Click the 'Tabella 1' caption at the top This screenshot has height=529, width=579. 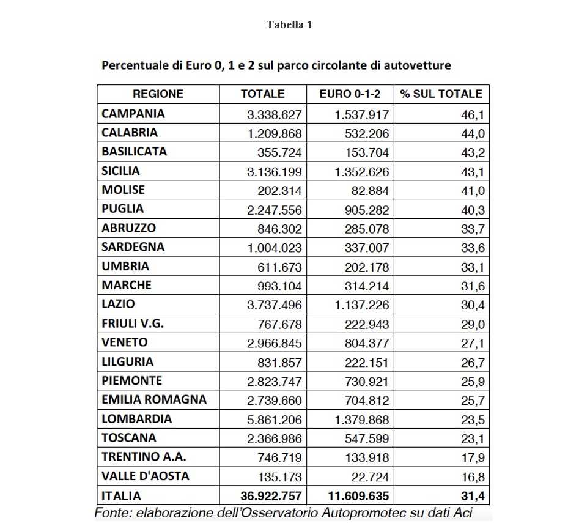[x=289, y=25]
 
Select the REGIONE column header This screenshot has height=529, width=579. [x=158, y=94]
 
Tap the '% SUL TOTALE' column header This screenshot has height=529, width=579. [x=441, y=94]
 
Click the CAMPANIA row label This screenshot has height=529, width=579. [x=133, y=114]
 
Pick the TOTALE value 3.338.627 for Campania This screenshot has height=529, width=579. [x=274, y=114]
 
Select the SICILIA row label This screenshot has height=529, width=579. [x=120, y=171]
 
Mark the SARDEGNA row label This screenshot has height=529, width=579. [x=133, y=247]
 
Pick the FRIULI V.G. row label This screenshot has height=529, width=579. [x=133, y=324]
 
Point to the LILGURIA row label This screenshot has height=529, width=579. [x=127, y=361]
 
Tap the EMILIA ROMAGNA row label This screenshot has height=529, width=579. [x=154, y=400]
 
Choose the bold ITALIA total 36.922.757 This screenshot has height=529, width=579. [x=268, y=496]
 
